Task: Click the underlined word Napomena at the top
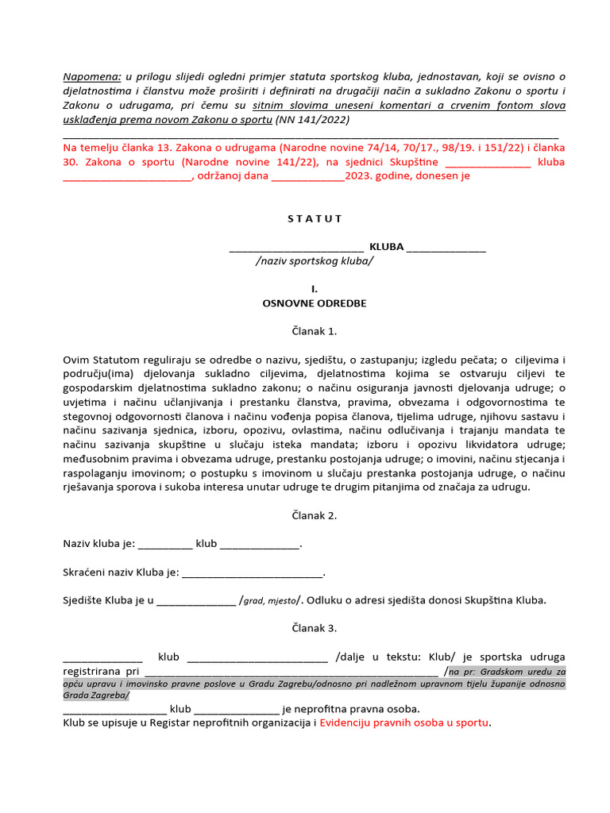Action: click(x=91, y=76)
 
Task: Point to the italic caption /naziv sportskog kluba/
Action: click(x=315, y=260)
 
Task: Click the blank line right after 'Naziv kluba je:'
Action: click(x=165, y=545)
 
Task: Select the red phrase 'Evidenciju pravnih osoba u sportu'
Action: click(x=404, y=723)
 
